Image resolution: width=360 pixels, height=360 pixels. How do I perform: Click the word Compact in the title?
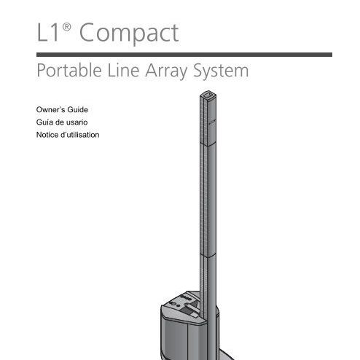tap(129, 34)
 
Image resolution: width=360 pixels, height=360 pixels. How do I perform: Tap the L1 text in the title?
tap(48, 32)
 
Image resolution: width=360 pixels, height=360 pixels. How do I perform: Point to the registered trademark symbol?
tap(66, 27)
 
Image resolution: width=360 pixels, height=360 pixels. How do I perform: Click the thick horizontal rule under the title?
tap(184, 55)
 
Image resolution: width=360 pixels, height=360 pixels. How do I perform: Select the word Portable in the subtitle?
tap(69, 70)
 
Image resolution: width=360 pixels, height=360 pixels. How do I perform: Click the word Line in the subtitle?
tap(123, 70)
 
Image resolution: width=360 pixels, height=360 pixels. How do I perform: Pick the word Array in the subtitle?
tap(166, 71)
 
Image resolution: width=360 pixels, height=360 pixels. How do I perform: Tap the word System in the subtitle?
tap(221, 71)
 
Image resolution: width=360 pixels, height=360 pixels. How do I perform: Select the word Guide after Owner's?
tap(77, 109)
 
